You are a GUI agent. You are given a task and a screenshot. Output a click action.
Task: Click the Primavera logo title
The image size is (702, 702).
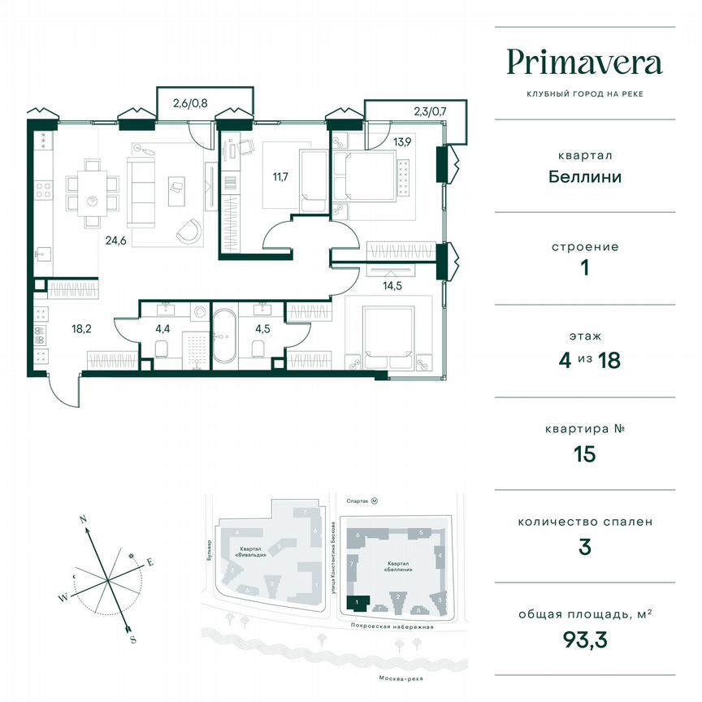coord(584,63)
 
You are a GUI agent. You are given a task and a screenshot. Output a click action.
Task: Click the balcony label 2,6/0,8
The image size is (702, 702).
coord(189,103)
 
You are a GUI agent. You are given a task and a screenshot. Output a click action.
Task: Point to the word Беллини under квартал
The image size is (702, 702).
coord(584,176)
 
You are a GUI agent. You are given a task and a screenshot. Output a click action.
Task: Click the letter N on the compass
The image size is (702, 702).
coord(82,517)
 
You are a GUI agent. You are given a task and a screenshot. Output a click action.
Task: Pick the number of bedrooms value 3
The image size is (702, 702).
coord(584,547)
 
